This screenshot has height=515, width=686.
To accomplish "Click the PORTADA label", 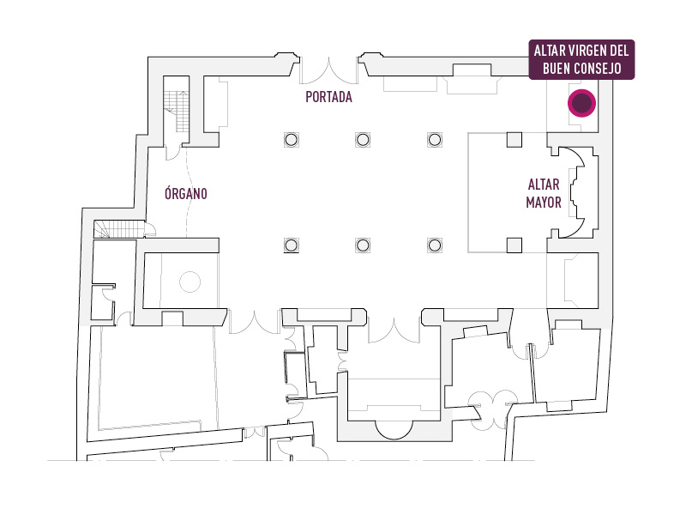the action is (x=328, y=97).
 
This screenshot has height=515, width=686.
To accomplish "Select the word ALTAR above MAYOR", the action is (x=544, y=185).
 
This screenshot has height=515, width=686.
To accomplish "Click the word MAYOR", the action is (x=544, y=203).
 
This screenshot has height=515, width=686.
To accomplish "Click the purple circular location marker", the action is (x=582, y=103).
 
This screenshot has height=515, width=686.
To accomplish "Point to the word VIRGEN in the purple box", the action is (x=582, y=51).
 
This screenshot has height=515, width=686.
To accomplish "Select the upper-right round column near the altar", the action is (x=435, y=140).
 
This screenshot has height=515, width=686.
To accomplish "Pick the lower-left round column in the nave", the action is (x=292, y=245).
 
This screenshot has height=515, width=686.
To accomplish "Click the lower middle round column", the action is (x=363, y=245).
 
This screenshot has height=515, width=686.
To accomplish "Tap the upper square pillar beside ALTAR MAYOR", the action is (x=514, y=140).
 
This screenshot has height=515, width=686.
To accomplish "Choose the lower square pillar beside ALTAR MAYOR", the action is (x=514, y=245).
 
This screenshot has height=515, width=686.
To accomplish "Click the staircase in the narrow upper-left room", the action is (x=177, y=112).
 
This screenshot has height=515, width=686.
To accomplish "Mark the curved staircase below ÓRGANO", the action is (x=119, y=229).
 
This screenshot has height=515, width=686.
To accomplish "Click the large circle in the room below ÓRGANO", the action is (x=190, y=282).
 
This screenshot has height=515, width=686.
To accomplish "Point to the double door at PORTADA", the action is (x=328, y=70).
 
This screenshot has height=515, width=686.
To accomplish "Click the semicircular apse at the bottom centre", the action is (x=394, y=430).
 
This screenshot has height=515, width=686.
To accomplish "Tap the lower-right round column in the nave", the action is (x=435, y=245).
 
